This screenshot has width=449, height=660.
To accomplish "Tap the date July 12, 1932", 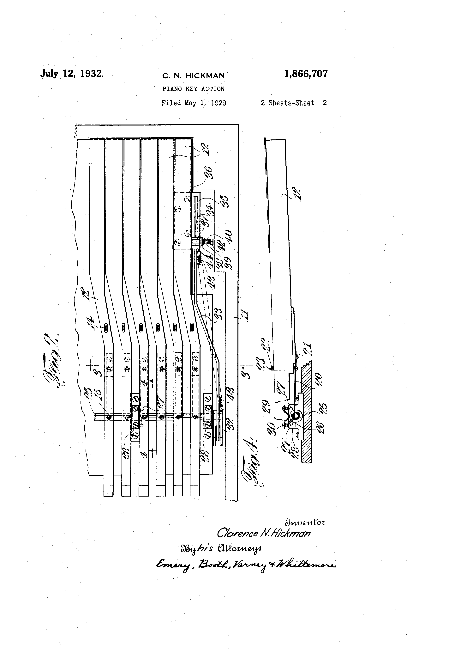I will point(72,74).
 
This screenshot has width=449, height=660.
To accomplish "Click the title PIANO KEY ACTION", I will point(193,89).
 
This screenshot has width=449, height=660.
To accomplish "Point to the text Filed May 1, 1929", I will point(194,103).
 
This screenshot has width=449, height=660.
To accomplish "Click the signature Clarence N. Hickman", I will point(264,533).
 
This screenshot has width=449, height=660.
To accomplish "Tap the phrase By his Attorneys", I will point(221,548).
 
